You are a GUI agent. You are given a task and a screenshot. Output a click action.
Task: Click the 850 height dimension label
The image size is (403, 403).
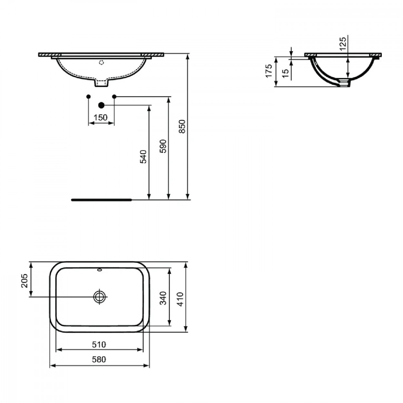point(182,126)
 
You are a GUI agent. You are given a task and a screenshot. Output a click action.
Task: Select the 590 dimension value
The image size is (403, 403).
point(163,146)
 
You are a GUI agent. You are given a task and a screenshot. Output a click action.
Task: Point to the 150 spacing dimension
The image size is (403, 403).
point(101,118)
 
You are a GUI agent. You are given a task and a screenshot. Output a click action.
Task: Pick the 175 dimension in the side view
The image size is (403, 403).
point(269,71)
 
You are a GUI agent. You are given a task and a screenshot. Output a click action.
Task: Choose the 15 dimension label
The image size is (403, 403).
point(285,73)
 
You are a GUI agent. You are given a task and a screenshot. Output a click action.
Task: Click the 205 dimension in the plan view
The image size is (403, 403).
point(25,280)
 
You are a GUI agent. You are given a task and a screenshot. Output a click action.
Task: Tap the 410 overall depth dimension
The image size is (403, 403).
point(180,299)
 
